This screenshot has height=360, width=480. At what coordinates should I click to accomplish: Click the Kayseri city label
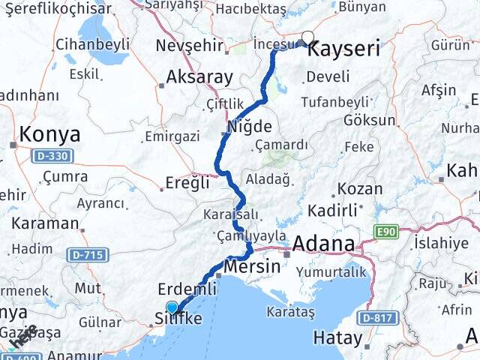click(x=344, y=50)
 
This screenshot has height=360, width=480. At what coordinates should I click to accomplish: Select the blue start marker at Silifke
click(x=172, y=307)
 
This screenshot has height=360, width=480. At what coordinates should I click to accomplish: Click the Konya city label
click(x=49, y=135)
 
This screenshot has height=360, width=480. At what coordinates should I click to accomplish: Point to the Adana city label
click(x=323, y=244)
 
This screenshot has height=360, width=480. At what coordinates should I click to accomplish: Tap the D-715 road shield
click(x=88, y=255)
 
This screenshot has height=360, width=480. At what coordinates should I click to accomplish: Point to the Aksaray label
click(x=199, y=76)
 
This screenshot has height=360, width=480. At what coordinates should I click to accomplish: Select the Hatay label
click(x=337, y=338)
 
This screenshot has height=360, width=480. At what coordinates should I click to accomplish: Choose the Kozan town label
click(x=360, y=189)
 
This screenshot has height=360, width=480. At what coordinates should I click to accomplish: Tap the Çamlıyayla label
click(x=251, y=235)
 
